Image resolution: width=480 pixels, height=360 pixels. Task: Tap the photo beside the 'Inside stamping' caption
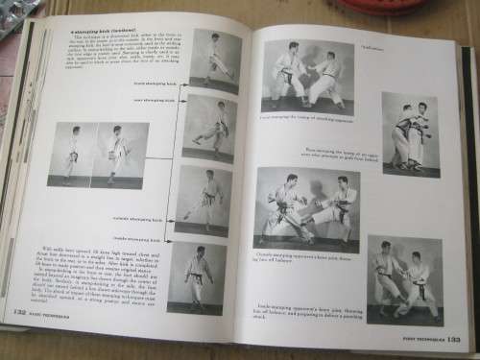404,278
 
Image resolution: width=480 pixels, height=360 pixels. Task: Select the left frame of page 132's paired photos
68,153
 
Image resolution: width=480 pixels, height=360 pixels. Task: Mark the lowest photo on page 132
198,277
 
